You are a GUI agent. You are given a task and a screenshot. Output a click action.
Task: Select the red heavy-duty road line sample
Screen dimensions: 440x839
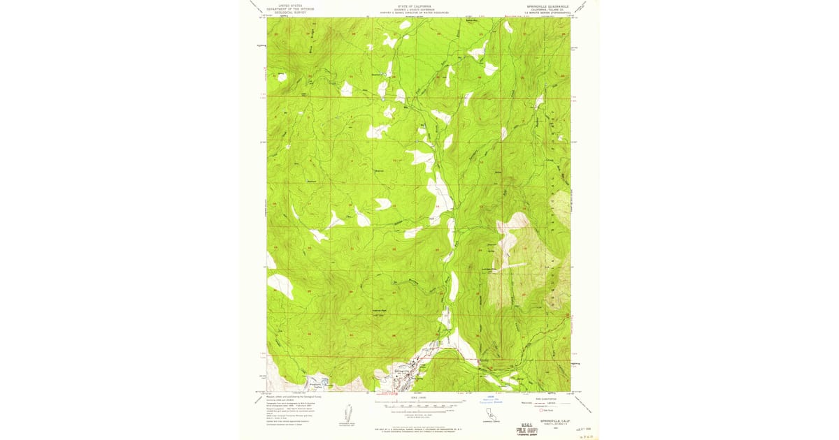point(523,402)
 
